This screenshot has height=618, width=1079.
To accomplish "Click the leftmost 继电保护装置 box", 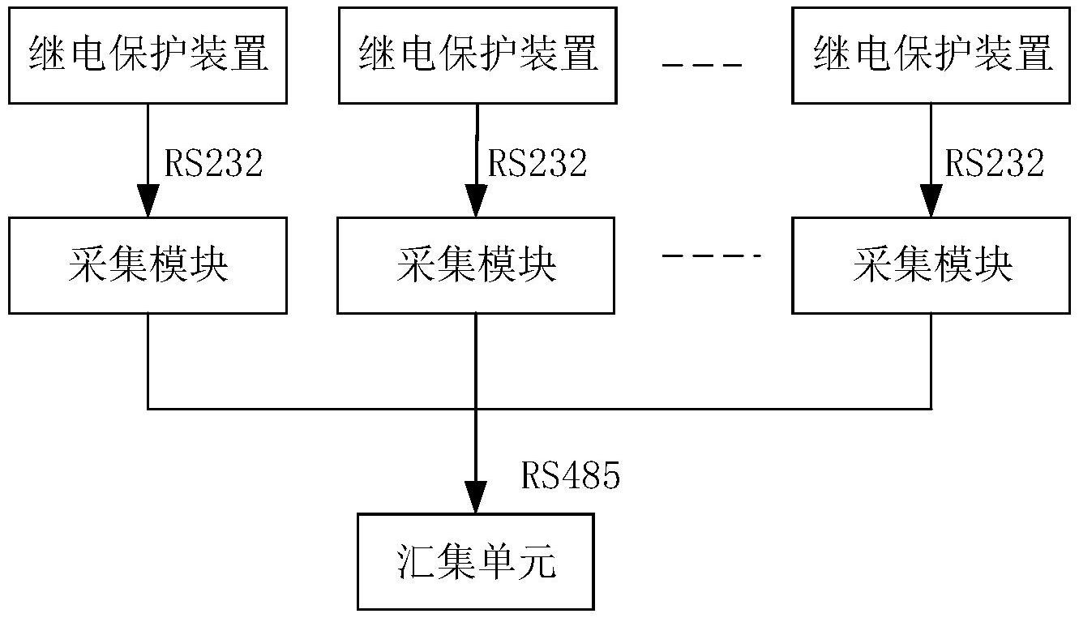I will point(148,55).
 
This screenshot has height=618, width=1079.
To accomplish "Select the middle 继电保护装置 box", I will point(478,55).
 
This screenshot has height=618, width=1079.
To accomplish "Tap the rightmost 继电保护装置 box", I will point(931,55).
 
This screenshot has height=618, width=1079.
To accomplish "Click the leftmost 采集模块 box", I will point(148,265).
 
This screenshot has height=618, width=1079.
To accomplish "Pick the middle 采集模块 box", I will point(476,265).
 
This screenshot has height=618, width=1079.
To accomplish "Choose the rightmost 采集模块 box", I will point(931,265).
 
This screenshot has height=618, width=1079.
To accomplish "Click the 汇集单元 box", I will point(476,561).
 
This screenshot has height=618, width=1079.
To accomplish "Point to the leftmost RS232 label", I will point(213,163).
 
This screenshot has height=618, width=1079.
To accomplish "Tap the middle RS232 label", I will point(537,163).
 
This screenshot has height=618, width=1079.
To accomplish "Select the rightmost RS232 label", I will point(995,163).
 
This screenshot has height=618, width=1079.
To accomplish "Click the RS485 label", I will point(570,477).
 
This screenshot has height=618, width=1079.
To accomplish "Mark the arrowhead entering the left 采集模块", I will point(148,202).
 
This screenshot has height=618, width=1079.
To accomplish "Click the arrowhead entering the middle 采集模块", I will point(476,202).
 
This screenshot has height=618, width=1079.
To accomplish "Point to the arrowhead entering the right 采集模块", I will point(931,202).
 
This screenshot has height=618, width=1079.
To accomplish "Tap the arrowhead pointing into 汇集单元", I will point(476,497).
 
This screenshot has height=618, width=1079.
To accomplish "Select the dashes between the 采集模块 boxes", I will point(711,257).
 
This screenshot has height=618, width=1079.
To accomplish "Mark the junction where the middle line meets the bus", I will point(476,408).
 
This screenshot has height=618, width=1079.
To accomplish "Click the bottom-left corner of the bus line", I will point(148,408).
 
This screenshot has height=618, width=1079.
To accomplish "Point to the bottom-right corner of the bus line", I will point(931,408).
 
